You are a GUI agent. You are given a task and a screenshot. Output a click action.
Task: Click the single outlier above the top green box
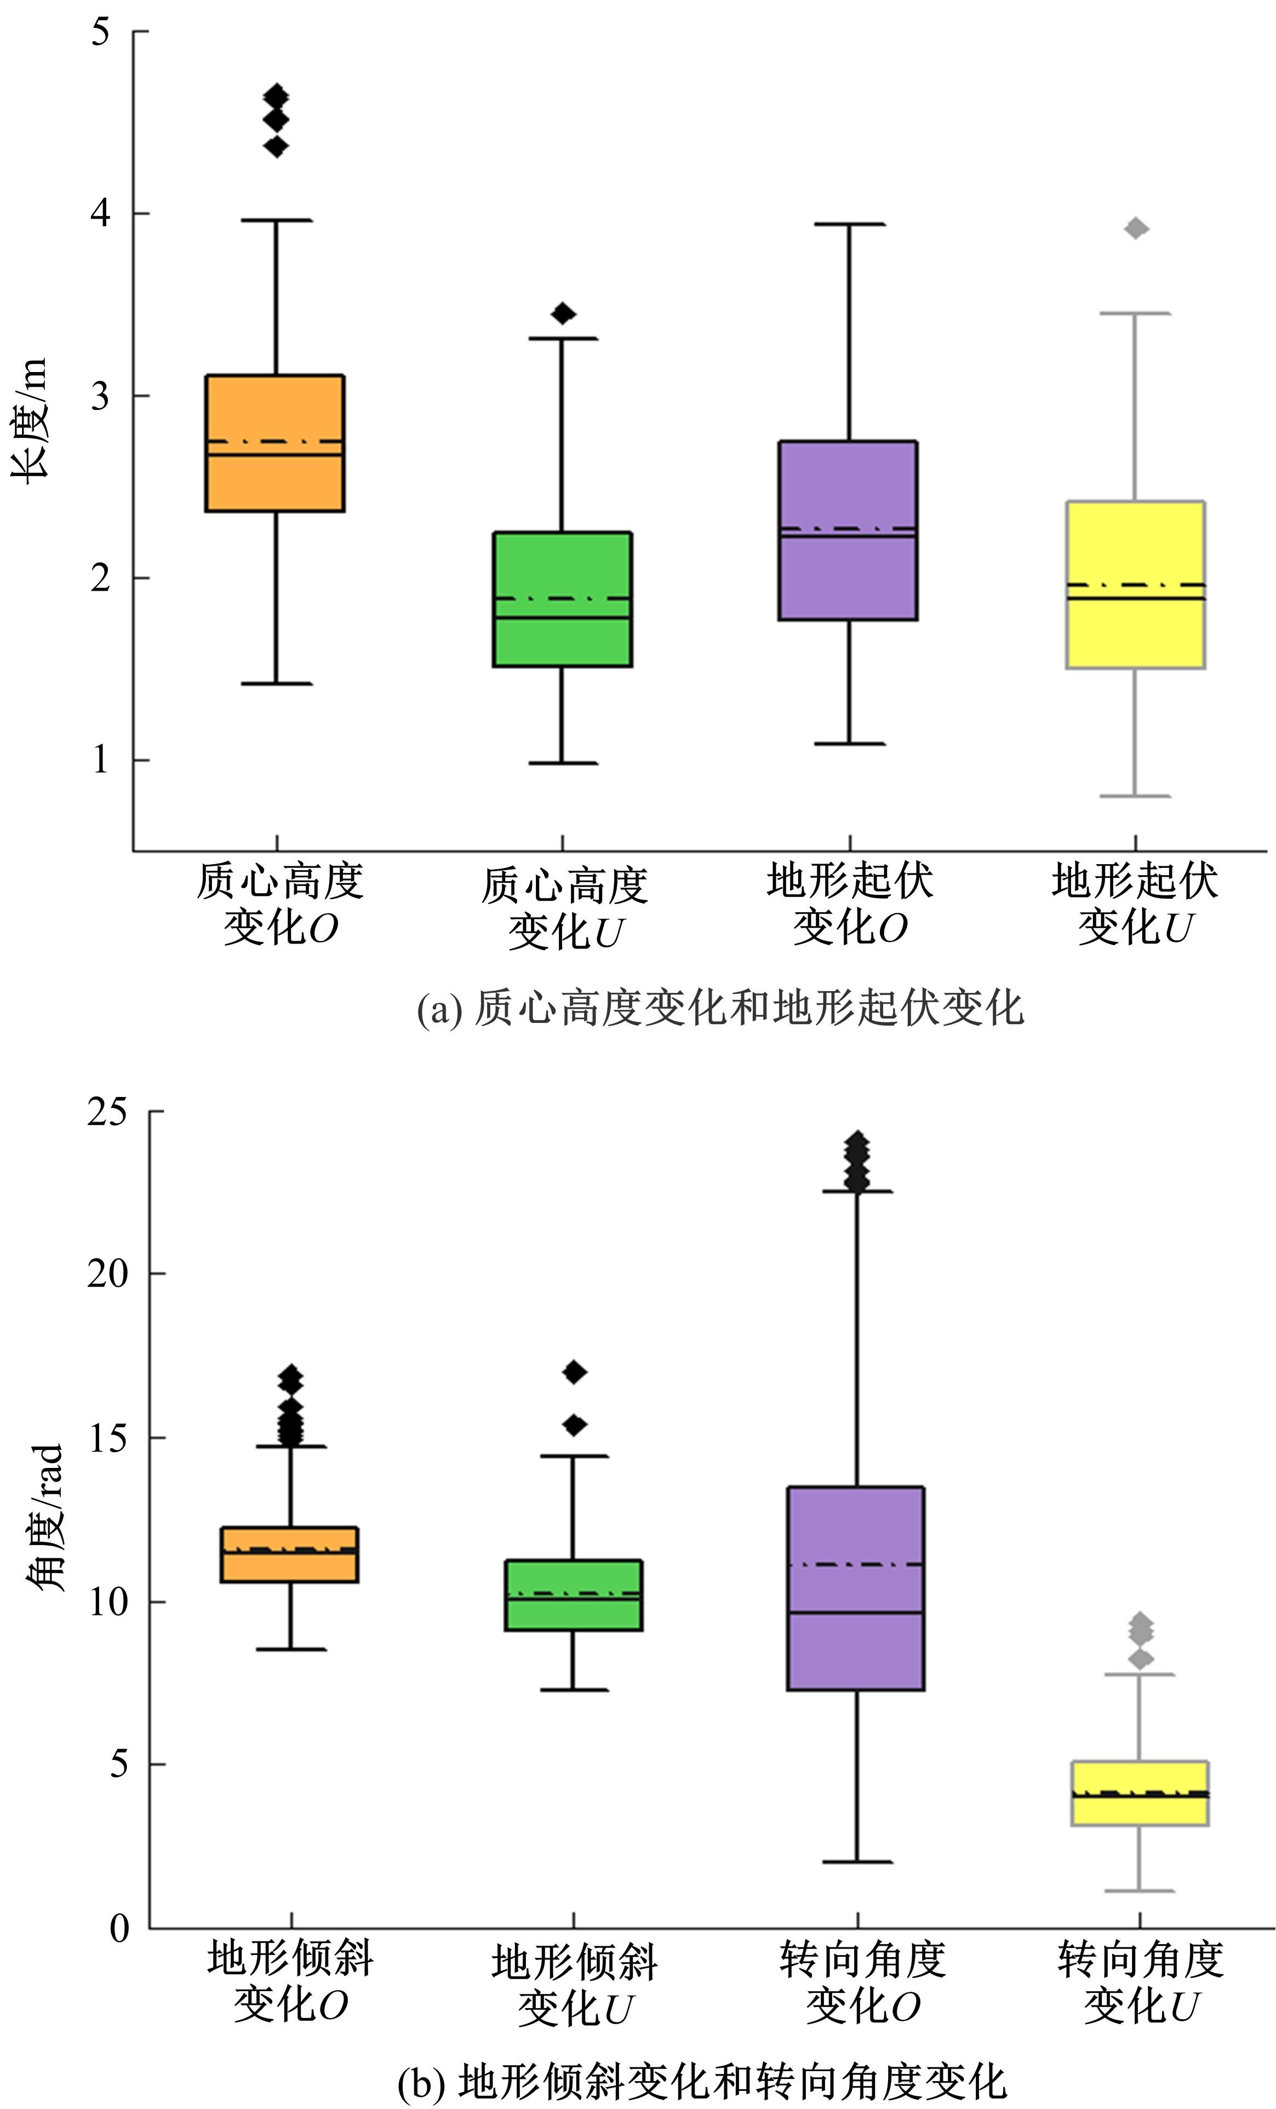(x=562, y=313)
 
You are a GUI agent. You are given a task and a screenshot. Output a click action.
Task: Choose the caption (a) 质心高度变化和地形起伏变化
(x=719, y=1008)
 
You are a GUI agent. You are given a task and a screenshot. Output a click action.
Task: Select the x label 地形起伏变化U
(x=1135, y=904)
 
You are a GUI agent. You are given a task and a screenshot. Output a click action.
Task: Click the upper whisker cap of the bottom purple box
(x=857, y=1191)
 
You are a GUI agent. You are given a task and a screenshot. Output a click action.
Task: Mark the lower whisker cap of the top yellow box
(x=1135, y=796)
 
